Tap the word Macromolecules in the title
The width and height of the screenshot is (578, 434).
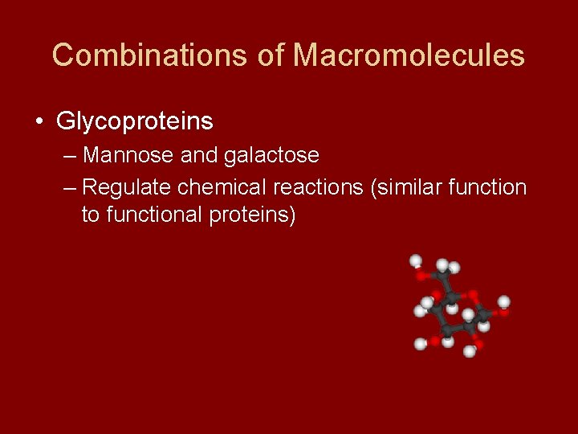click(409, 55)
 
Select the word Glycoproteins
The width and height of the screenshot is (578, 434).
click(134, 121)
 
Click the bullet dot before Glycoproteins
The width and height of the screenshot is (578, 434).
click(39, 122)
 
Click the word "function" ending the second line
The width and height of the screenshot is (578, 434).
click(489, 187)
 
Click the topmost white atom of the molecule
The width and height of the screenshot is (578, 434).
click(416, 260)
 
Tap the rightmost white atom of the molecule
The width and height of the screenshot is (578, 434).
click(503, 302)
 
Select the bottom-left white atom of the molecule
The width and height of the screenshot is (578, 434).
click(420, 344)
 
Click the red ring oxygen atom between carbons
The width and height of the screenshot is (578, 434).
click(473, 296)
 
